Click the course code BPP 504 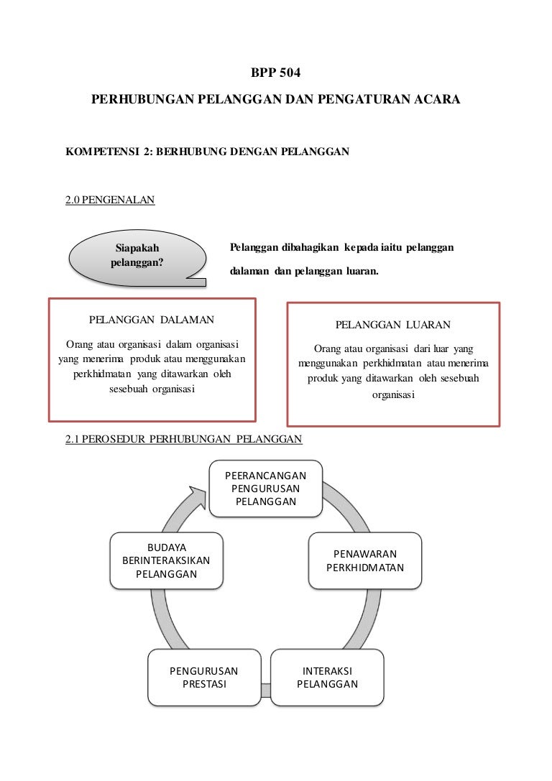point(275,73)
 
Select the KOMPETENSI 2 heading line point(207,152)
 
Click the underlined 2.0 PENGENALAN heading point(110,200)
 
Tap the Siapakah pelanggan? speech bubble point(137,255)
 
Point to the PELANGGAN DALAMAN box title point(152,318)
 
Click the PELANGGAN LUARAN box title point(393,325)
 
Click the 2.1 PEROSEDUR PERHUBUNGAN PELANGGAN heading point(183,439)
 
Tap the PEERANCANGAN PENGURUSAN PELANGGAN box point(266,489)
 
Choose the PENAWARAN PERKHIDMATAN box point(365,560)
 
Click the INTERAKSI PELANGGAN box point(327,678)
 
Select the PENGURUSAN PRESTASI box point(204,678)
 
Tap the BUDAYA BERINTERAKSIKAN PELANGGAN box point(166,560)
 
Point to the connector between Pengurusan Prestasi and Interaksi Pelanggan point(265,690)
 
